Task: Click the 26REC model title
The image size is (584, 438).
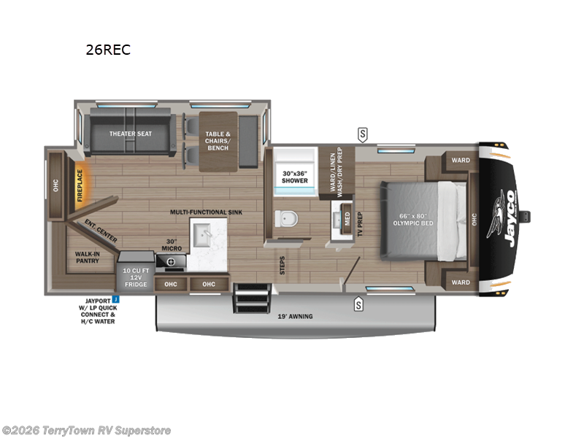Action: (x=107, y=51)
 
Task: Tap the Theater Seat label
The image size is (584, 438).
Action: (x=131, y=134)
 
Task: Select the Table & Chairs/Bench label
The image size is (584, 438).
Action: (x=217, y=140)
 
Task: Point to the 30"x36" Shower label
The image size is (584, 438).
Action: (x=295, y=177)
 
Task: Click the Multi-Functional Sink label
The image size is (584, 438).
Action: (x=206, y=212)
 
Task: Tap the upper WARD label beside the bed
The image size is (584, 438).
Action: (x=460, y=160)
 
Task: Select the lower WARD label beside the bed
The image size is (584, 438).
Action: (x=460, y=283)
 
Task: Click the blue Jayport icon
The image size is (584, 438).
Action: (x=115, y=299)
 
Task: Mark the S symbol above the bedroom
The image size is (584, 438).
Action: (x=362, y=134)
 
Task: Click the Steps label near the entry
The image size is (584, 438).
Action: (x=283, y=264)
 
